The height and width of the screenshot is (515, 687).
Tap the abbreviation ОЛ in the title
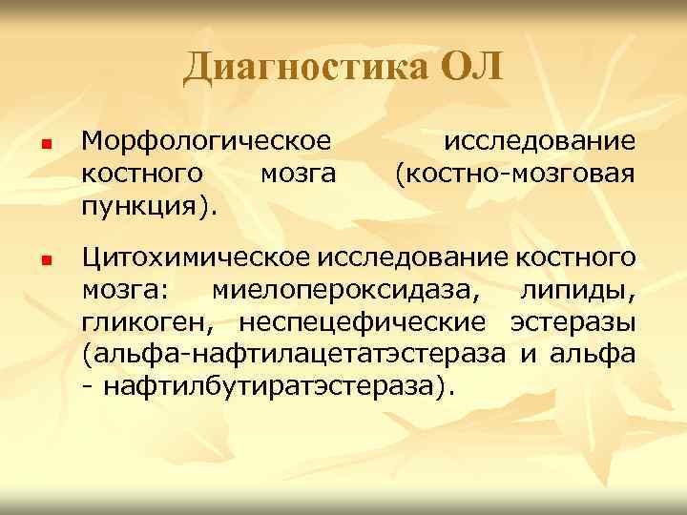469,67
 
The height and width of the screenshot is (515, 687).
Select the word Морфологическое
207,142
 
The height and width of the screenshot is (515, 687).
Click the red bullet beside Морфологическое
44,145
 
